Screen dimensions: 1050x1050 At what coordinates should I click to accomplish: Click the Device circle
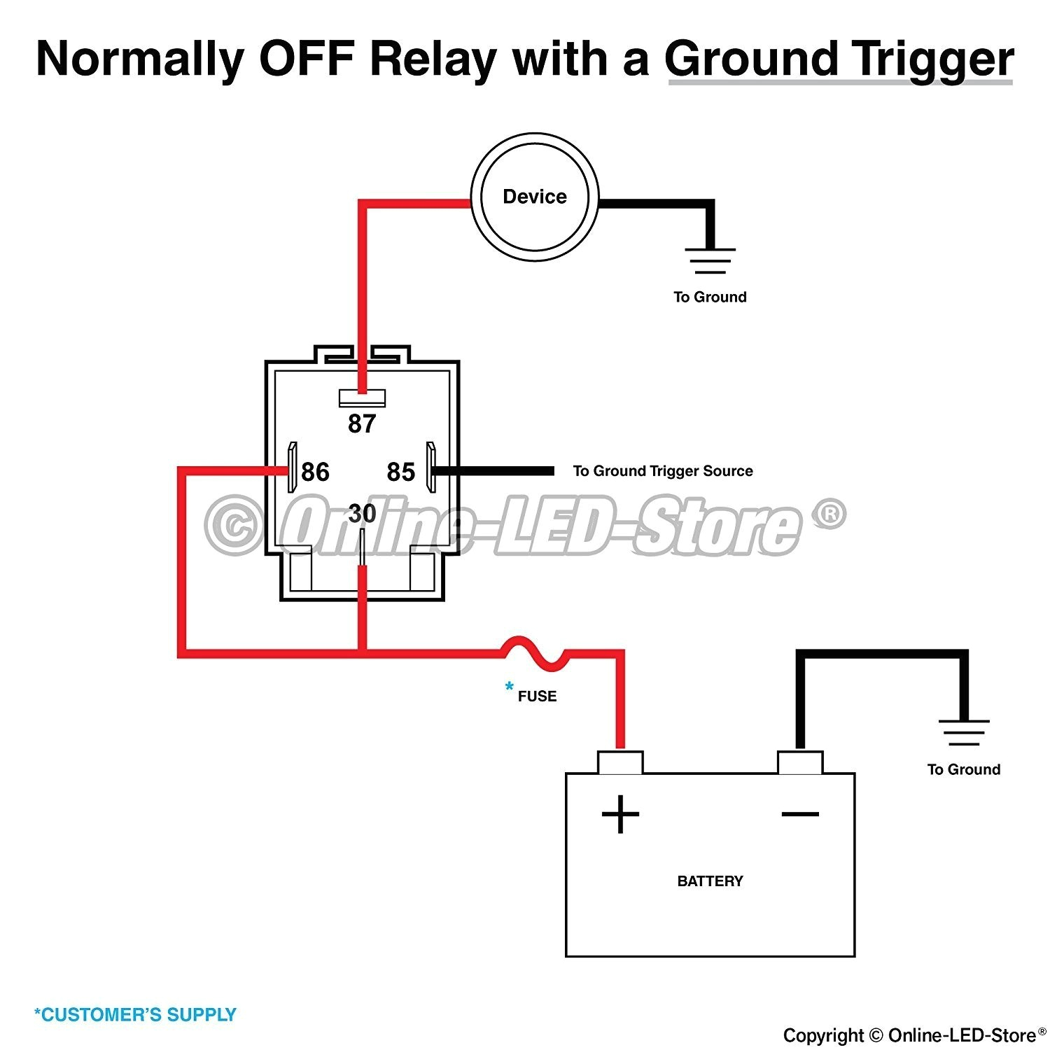coord(535,197)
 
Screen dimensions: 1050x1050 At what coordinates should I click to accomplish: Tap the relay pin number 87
coord(362,423)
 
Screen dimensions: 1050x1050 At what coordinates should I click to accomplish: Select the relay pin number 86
coord(315,472)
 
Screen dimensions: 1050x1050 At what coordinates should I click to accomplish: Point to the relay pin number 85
coord(401,472)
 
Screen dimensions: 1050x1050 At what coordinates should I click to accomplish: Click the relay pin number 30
coord(362,514)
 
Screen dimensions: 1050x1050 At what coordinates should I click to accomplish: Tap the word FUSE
coord(537,696)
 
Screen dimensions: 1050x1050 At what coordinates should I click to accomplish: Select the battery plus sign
coord(620,814)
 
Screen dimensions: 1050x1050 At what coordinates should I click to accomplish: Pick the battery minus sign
coord(800,813)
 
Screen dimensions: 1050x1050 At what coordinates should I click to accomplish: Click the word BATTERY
coord(710,881)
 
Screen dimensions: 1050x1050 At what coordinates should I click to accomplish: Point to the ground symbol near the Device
coord(710,260)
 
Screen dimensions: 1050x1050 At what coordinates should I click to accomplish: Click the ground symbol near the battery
coord(964,732)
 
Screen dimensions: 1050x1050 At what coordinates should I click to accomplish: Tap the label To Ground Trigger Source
coord(662,471)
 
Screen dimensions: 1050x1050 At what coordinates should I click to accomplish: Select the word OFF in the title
coord(306,59)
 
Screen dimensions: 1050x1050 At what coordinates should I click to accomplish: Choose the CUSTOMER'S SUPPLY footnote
coord(135,1014)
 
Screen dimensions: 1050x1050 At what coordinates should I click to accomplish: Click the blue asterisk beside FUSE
coord(509,687)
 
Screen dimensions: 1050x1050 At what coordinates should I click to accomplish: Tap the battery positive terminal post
coord(620,762)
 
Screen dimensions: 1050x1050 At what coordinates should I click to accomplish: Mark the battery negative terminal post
coord(800,762)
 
